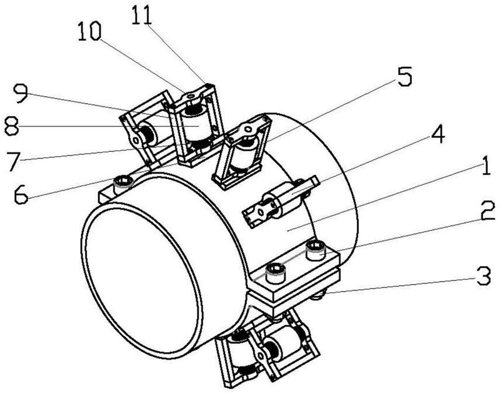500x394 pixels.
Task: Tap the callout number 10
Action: tap(89, 32)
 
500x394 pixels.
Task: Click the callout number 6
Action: tap(21, 194)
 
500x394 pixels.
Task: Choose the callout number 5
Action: tap(404, 76)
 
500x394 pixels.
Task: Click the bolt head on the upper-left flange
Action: tap(123, 183)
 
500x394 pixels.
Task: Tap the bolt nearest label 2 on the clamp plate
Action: tap(316, 250)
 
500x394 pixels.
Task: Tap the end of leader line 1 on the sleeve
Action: tap(287, 230)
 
